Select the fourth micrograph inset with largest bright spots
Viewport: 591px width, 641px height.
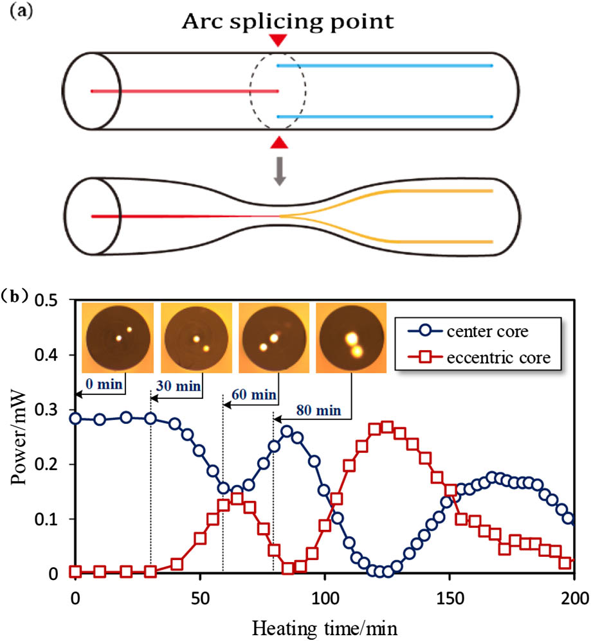pos(351,338)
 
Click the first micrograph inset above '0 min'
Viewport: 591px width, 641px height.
pos(119,338)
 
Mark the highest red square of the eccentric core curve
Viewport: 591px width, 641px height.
pos(386,427)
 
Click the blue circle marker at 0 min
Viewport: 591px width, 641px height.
pos(76,418)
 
